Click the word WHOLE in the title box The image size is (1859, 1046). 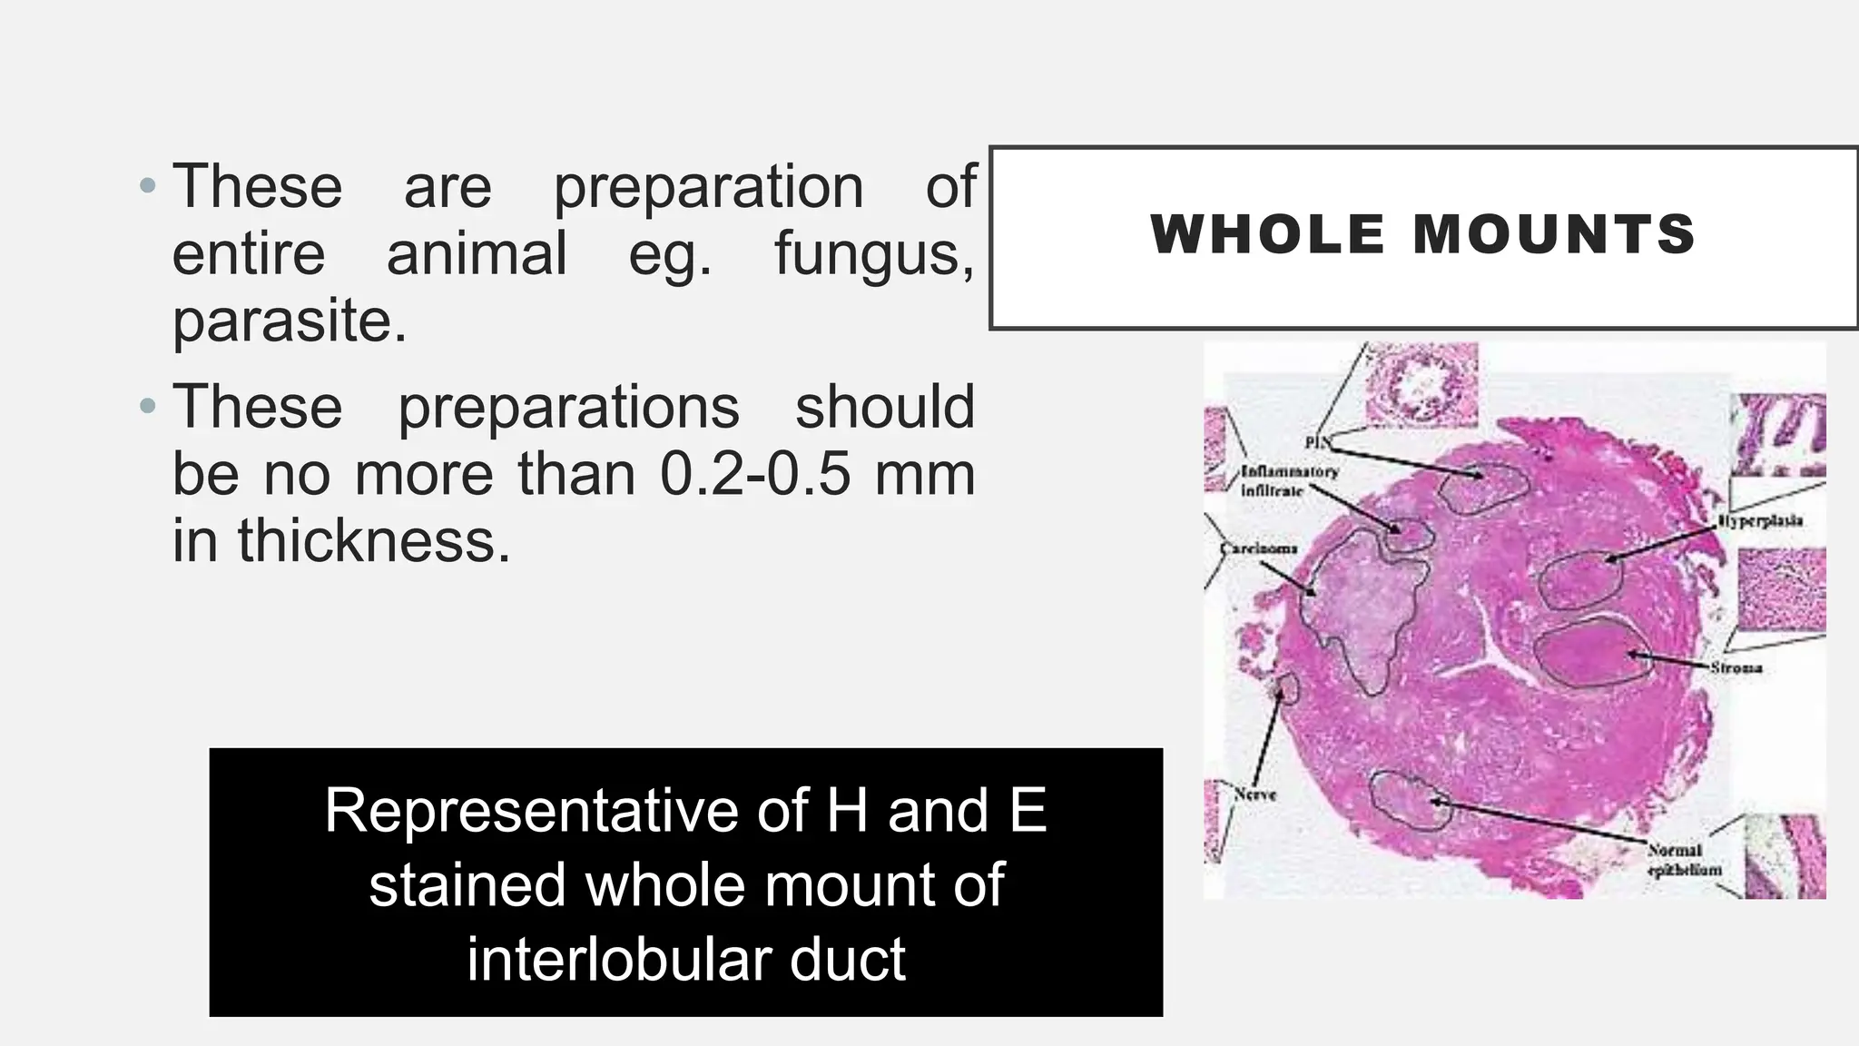pyautogui.click(x=1267, y=234)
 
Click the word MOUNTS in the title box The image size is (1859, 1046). pyautogui.click(x=1554, y=234)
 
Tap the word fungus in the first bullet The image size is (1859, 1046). pyautogui.click(x=872, y=253)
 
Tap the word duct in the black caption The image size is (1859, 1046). pyautogui.click(x=847, y=959)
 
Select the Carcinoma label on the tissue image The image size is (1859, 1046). pyautogui.click(x=1258, y=549)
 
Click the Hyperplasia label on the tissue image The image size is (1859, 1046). pyautogui.click(x=1759, y=521)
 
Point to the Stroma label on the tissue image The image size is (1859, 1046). pyautogui.click(x=1736, y=668)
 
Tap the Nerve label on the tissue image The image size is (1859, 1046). pyautogui.click(x=1254, y=794)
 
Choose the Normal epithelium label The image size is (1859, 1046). pyautogui.click(x=1683, y=860)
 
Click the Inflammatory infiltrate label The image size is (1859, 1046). pyautogui.click(x=1287, y=481)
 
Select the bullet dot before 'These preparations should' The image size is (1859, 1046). pyautogui.click(x=148, y=407)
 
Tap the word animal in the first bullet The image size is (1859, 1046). pyautogui.click(x=477, y=253)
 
